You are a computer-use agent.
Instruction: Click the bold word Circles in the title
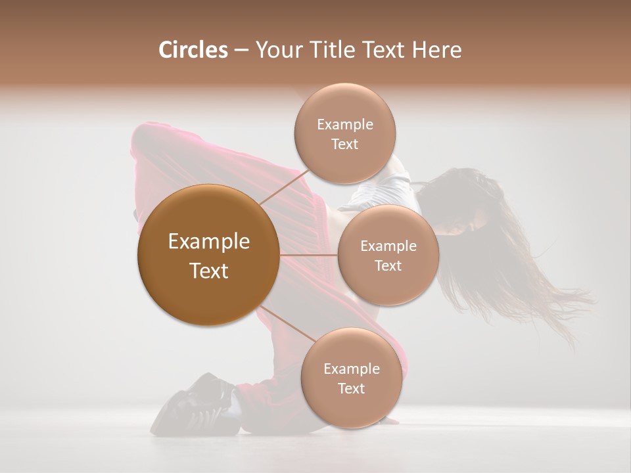point(193,50)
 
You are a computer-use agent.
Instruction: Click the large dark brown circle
point(208,255)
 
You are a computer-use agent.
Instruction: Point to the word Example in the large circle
point(209,242)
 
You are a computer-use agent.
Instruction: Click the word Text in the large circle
point(209,271)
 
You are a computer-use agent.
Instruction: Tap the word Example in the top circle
point(344,125)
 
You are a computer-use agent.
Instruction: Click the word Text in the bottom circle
point(351,388)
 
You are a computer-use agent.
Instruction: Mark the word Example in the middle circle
point(388,246)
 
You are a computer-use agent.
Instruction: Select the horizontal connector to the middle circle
point(308,255)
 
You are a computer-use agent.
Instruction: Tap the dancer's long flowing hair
point(519,263)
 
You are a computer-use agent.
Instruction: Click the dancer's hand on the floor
point(392,420)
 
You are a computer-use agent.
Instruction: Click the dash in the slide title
point(241,51)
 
